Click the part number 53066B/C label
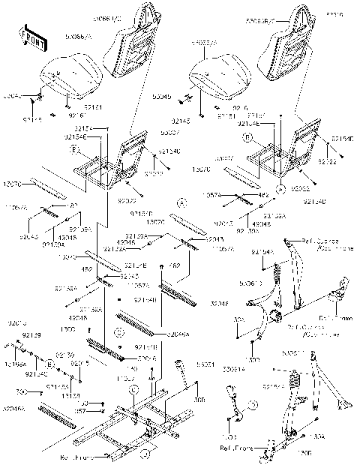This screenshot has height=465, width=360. pos(271,13)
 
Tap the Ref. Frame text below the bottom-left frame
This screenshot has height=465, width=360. pos(74,456)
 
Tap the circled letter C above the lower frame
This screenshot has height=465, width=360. pos(133,389)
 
